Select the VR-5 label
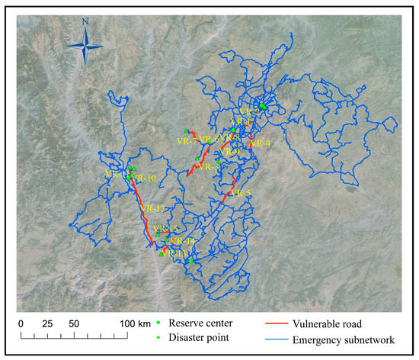click(241, 193)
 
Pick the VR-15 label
click(165, 229)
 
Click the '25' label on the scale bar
click(47, 323)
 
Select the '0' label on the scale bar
click(21, 323)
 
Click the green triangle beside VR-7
click(185, 130)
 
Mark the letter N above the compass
click(86, 23)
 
